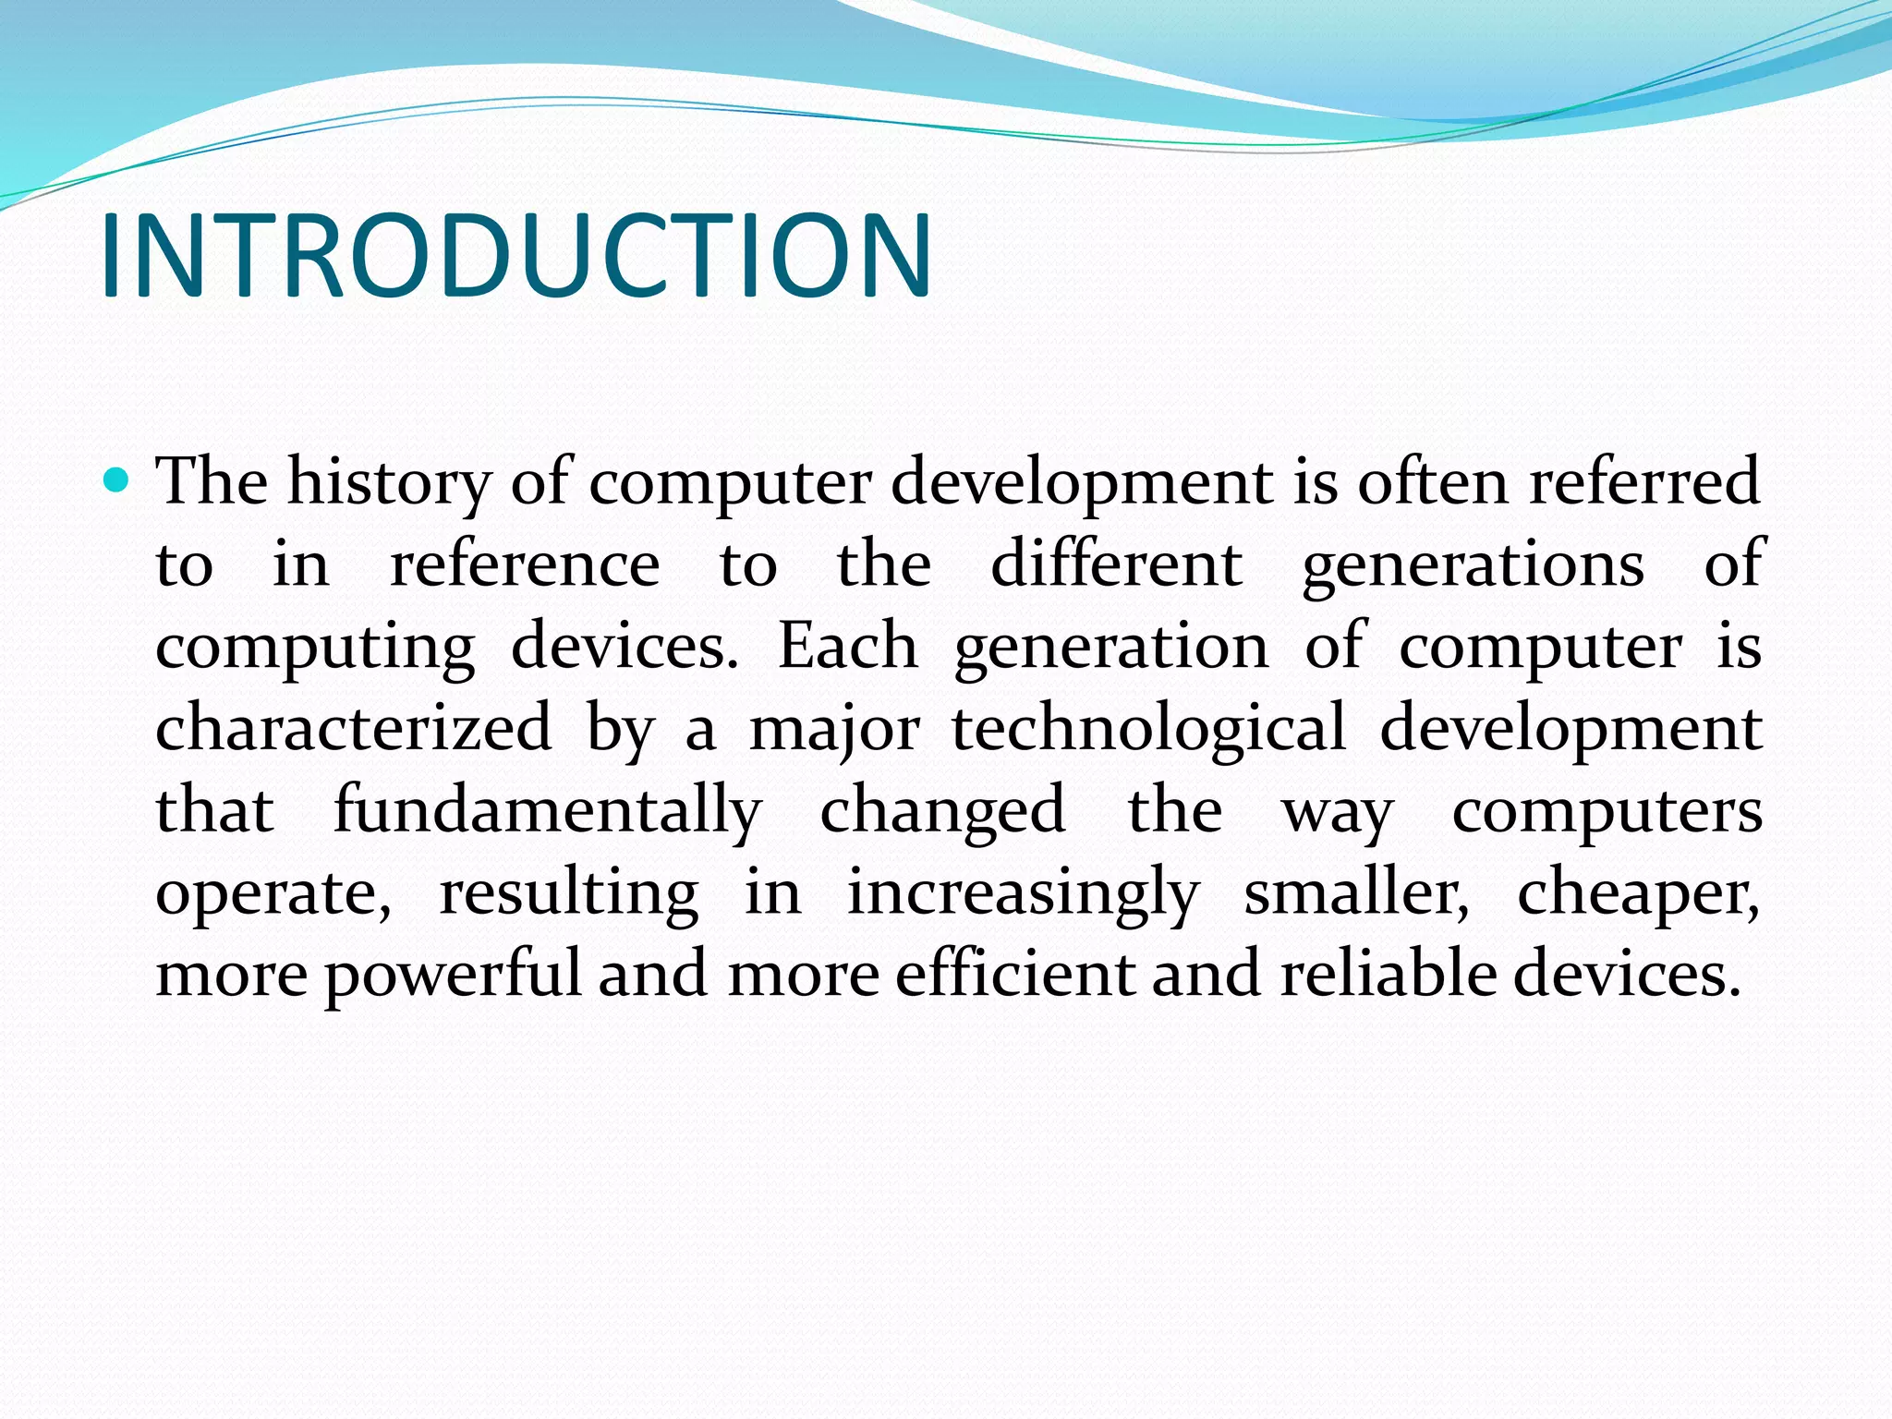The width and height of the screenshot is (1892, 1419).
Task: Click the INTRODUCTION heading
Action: [x=515, y=256]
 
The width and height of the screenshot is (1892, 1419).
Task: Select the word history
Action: [x=389, y=482]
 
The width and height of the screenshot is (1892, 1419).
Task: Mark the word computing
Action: [x=315, y=648]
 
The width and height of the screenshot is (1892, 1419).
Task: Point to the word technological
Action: [x=1149, y=728]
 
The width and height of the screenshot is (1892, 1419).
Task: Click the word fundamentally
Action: [x=547, y=811]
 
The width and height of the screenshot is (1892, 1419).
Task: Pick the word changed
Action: [x=942, y=811]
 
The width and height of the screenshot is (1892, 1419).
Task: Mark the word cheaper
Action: [x=1638, y=892]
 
